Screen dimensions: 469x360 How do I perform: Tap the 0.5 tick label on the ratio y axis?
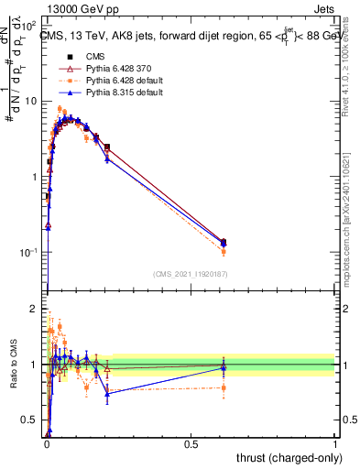click(30, 420)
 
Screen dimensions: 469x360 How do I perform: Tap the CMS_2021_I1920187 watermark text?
click(190, 274)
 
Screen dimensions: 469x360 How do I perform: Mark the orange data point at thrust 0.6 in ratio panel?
click(224, 387)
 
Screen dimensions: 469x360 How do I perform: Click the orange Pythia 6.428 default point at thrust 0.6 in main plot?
click(224, 250)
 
